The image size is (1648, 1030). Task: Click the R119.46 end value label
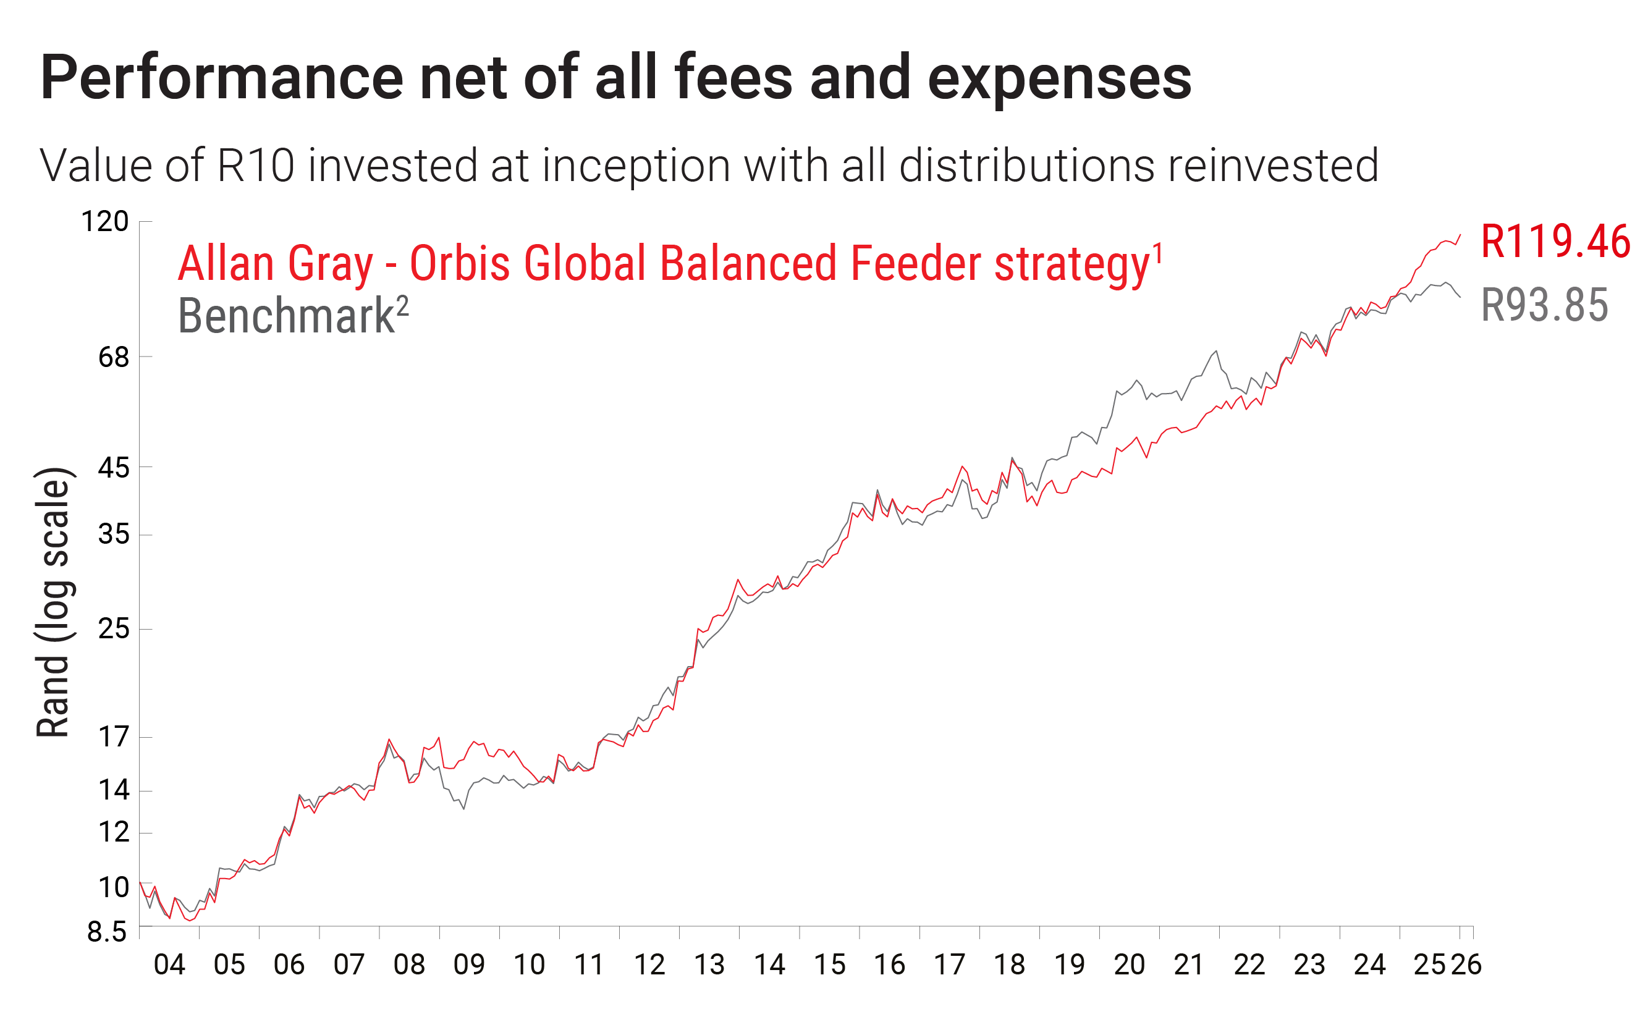pyautogui.click(x=1555, y=242)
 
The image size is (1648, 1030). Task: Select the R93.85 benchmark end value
pyautogui.click(x=1544, y=305)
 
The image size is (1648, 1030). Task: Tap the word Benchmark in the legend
pyautogui.click(x=286, y=316)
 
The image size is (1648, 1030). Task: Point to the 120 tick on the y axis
pyautogui.click(x=105, y=222)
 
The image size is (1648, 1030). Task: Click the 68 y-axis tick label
pyautogui.click(x=113, y=357)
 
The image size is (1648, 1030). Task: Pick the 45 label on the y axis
pyautogui.click(x=113, y=468)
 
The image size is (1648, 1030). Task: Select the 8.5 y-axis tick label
pyautogui.click(x=107, y=932)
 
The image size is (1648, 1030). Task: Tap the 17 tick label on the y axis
pyautogui.click(x=113, y=737)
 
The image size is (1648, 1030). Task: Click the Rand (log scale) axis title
pyautogui.click(x=53, y=602)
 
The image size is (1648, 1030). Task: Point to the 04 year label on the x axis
pyautogui.click(x=169, y=965)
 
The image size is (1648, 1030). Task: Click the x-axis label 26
pyautogui.click(x=1466, y=965)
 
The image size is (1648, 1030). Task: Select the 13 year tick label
pyautogui.click(x=709, y=965)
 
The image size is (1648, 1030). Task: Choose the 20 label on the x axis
pyautogui.click(x=1129, y=965)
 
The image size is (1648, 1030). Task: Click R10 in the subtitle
pyautogui.click(x=255, y=166)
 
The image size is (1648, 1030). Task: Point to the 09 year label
pyautogui.click(x=469, y=965)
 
